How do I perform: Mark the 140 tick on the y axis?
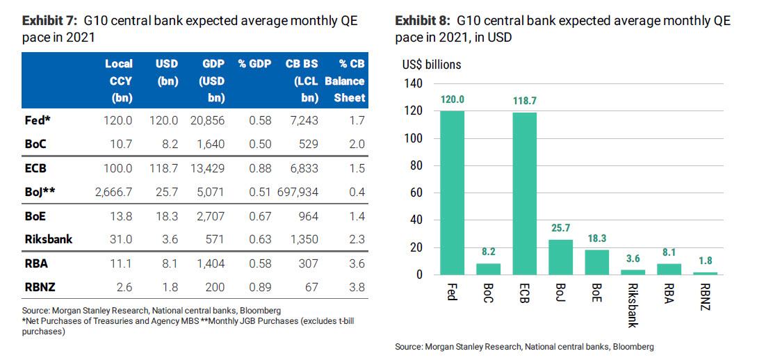414,83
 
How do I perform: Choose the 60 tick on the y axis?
417,193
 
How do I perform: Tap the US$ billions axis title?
431,65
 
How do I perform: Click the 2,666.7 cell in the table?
113,190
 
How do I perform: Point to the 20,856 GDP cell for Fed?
206,120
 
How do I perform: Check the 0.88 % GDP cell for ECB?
259,168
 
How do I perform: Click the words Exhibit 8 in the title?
422,21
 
